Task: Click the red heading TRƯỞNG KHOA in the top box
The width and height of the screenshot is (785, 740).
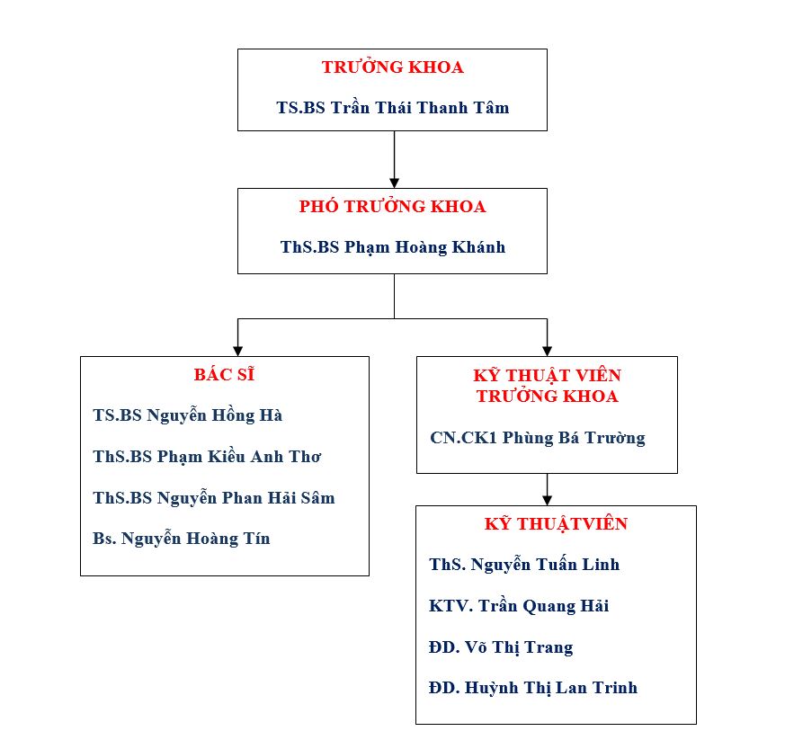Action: coord(392,67)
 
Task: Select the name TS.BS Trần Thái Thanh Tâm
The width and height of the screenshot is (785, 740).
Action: coord(393,108)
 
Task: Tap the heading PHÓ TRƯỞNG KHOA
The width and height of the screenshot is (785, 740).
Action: coord(392,206)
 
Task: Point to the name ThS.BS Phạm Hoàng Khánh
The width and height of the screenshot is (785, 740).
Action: coord(393,247)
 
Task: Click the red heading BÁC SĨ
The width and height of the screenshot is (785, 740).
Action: coord(224,374)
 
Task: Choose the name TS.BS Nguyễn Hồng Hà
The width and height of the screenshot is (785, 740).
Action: coord(188,415)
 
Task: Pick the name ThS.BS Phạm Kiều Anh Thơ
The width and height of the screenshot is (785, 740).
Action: coord(207,457)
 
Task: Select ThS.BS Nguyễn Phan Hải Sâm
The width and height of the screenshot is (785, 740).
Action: coord(214,498)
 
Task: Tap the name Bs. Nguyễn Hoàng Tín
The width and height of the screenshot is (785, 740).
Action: coord(182,539)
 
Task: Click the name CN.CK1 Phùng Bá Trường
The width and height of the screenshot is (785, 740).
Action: coord(538,438)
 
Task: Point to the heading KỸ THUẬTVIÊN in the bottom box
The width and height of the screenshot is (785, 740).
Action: coord(556,523)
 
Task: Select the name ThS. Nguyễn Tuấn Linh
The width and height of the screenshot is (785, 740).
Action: coord(524,565)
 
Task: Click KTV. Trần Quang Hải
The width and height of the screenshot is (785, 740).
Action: coord(519,606)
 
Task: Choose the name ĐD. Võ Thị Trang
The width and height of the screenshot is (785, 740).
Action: coord(501,647)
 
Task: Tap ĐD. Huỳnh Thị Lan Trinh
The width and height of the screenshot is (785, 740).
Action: coord(533,689)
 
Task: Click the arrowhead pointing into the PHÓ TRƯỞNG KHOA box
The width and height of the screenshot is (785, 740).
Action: coord(395,183)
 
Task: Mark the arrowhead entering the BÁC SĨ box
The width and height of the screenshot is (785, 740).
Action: coord(237,351)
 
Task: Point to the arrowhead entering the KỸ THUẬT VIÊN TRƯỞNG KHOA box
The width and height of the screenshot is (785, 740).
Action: coord(548,351)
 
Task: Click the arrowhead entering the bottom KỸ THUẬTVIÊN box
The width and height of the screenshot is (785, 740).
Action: coord(548,500)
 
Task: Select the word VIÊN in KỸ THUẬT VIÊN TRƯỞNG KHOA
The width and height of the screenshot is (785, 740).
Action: coord(598,375)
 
